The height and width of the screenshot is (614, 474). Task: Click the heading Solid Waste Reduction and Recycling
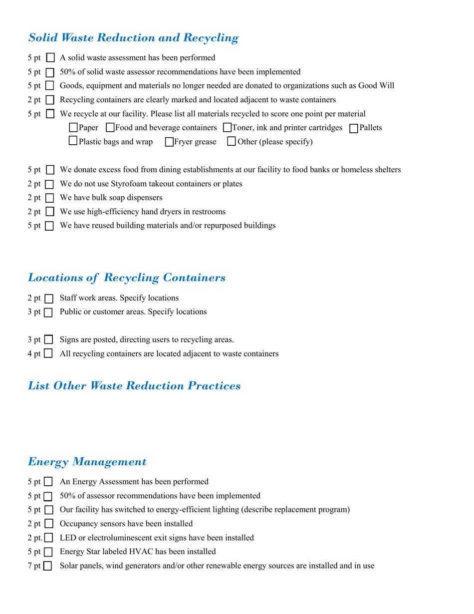133,38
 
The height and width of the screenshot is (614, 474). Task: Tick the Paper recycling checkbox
73,128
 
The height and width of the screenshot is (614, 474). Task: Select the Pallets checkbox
354,128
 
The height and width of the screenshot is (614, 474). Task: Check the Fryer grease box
169,142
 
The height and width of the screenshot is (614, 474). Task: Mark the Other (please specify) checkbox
231,142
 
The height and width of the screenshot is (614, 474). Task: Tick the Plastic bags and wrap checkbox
73,142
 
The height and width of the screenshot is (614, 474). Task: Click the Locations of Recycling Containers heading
127,278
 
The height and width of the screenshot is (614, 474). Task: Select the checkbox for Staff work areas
49,299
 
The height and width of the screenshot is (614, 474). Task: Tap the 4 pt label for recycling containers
35,354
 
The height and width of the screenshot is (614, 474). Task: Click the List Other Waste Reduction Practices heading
134,386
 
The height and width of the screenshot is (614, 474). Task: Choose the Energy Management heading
87,462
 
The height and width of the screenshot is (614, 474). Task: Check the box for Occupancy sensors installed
48,524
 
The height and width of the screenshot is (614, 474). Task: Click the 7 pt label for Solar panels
35,566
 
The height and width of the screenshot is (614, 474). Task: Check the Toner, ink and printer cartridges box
228,128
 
